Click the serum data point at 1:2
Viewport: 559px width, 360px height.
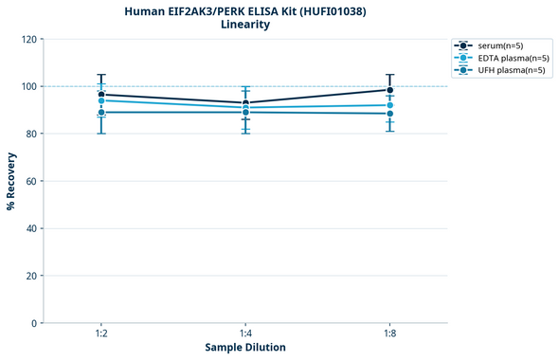coord(101,95)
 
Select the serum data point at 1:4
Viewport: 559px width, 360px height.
coord(245,103)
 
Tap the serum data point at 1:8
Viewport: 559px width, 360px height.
coord(389,90)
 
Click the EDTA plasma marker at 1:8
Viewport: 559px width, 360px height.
coord(389,105)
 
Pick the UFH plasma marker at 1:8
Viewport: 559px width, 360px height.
coord(389,114)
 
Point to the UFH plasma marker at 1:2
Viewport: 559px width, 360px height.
coord(101,113)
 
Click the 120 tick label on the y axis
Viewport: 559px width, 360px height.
coord(28,39)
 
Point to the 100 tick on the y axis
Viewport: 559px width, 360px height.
coord(28,86)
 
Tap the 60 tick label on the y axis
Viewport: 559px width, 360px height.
coord(31,181)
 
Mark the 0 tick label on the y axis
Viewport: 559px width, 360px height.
coord(34,323)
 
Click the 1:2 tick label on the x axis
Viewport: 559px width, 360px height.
coord(101,333)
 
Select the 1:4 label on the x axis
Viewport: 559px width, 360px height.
coord(245,333)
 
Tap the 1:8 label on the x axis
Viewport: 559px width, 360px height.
coord(389,333)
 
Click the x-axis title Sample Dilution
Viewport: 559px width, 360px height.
coord(245,348)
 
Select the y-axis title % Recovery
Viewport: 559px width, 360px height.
coord(11,181)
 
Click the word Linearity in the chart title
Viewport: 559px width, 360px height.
coord(244,25)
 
